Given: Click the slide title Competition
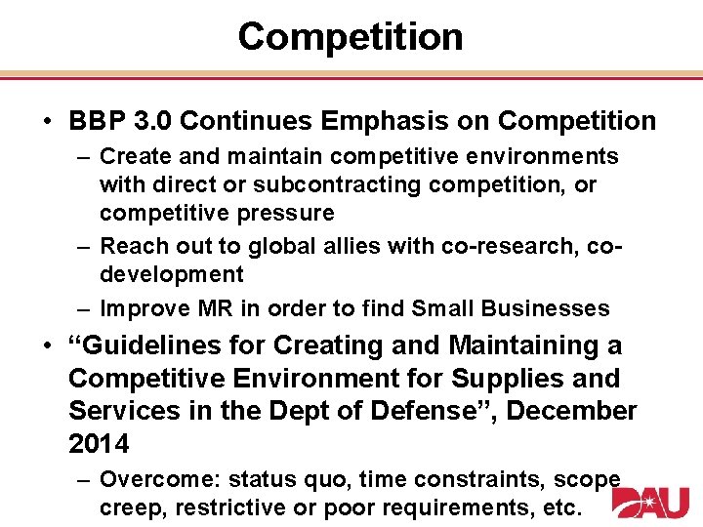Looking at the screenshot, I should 351,37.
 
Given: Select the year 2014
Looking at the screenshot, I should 99,445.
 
